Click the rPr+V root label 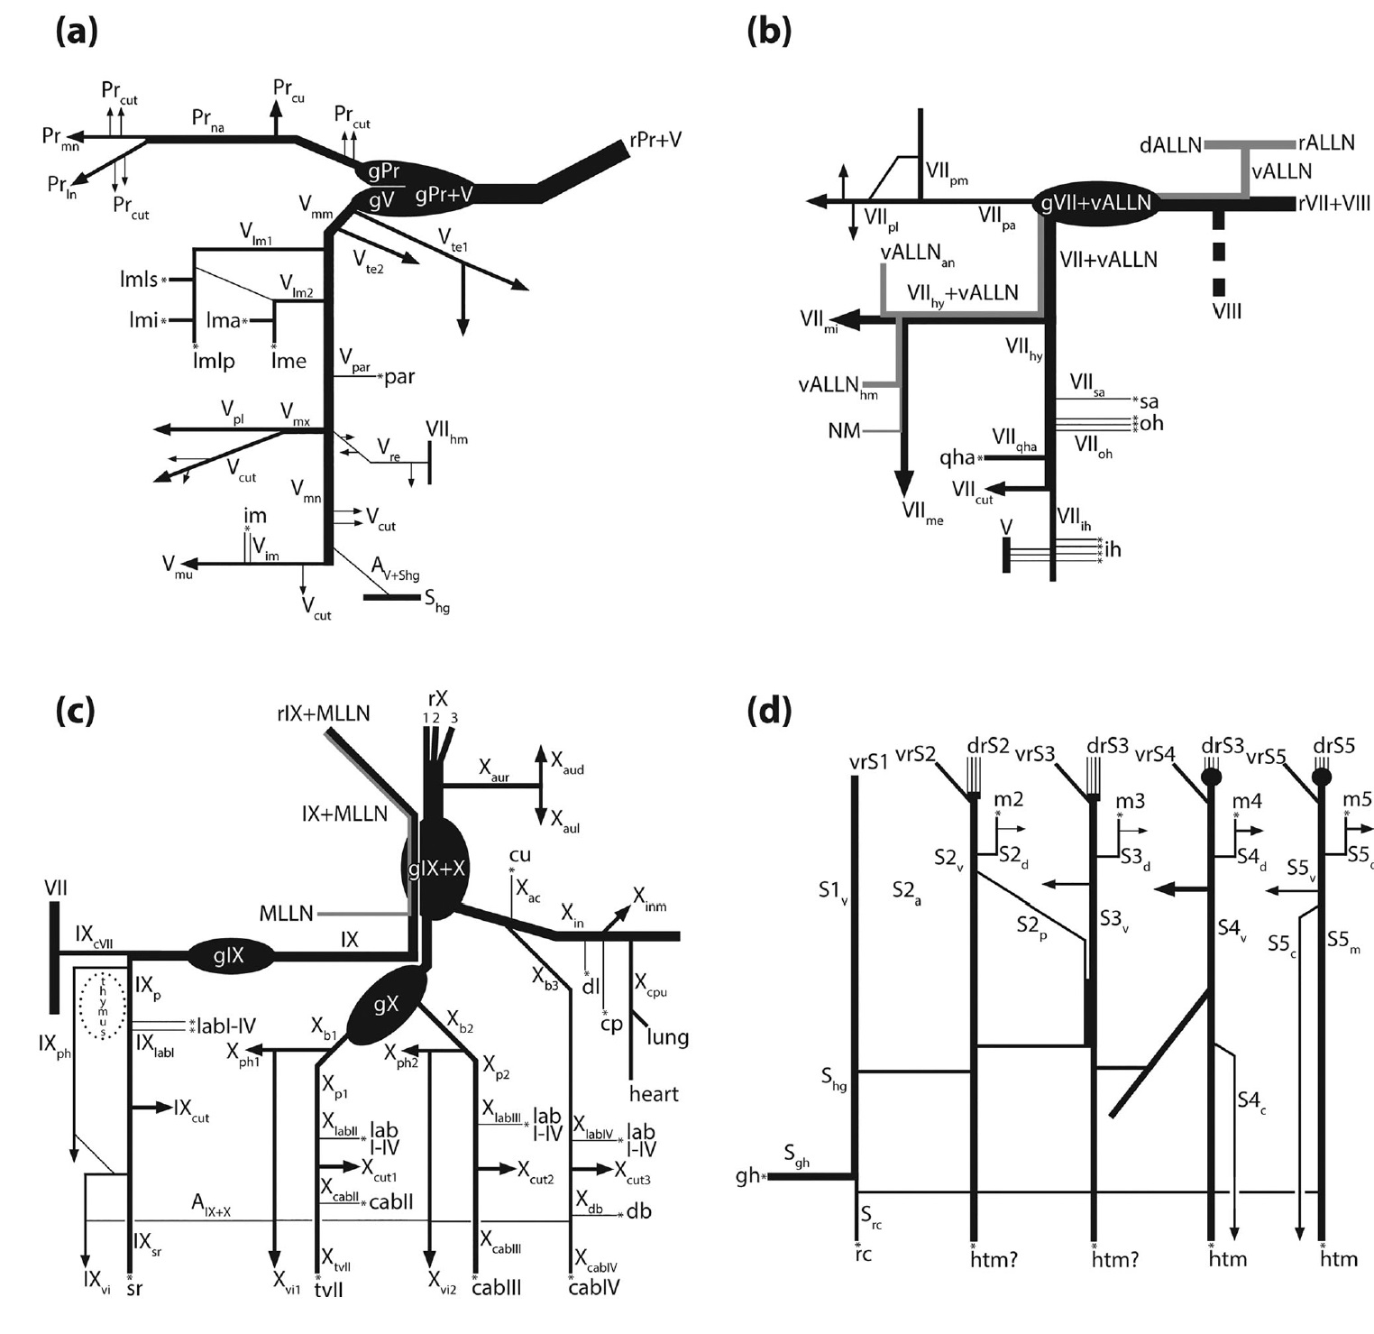[655, 140]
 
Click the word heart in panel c [654, 1094]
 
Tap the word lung [667, 1036]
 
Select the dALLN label [1170, 144]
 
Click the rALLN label [1326, 143]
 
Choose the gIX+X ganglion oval [435, 869]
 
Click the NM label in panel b [844, 431]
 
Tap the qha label [957, 458]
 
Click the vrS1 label [868, 761]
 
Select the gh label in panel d [747, 1176]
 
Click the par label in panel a [399, 376]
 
